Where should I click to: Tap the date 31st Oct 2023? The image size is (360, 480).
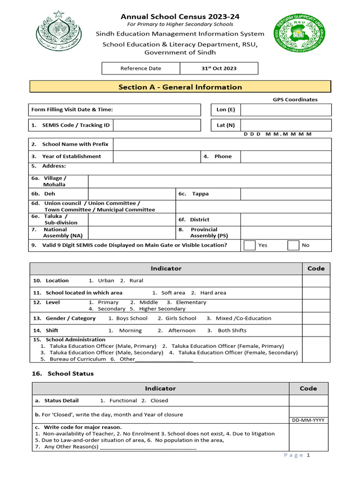pos(219,68)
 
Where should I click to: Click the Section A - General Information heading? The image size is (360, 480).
pos(180,87)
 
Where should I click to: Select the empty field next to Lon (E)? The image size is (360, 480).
pos(286,110)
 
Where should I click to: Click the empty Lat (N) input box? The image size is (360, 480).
pos(286,125)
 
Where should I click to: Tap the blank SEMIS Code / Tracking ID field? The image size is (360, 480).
pos(157,125)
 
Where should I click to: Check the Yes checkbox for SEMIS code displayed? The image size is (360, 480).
pos(250,245)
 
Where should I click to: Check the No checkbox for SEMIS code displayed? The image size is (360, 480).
pos(293,245)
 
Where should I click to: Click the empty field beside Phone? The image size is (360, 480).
pos(286,157)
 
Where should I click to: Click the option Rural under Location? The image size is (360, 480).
pos(136,280)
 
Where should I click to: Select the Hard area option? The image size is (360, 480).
pos(213,292)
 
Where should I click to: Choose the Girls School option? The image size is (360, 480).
pos(181,318)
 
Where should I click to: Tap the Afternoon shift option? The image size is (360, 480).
pos(182,330)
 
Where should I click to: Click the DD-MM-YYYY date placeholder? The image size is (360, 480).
pos(308,420)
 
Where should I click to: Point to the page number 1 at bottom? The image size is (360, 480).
pos(308,455)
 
